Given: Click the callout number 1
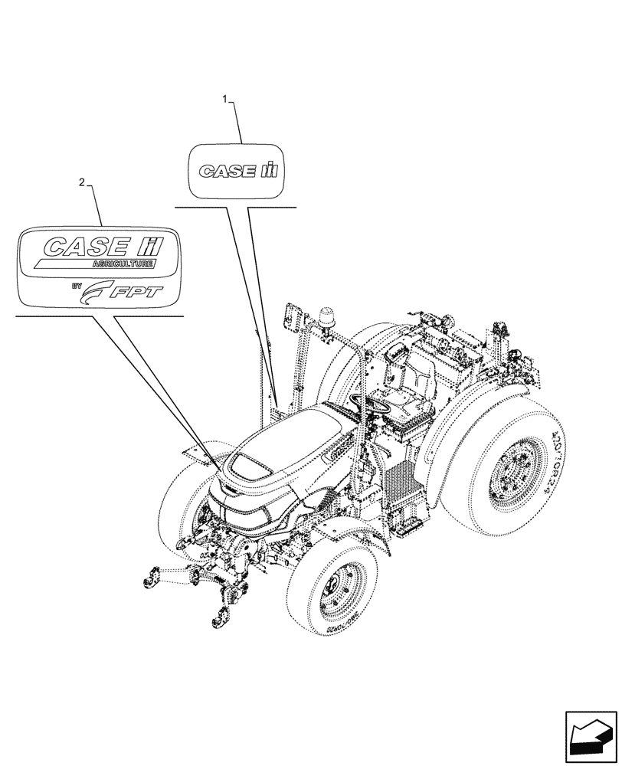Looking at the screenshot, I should click(224, 98).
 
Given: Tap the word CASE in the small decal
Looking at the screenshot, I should click(227, 172).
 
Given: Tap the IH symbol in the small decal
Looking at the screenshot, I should click(272, 170).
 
